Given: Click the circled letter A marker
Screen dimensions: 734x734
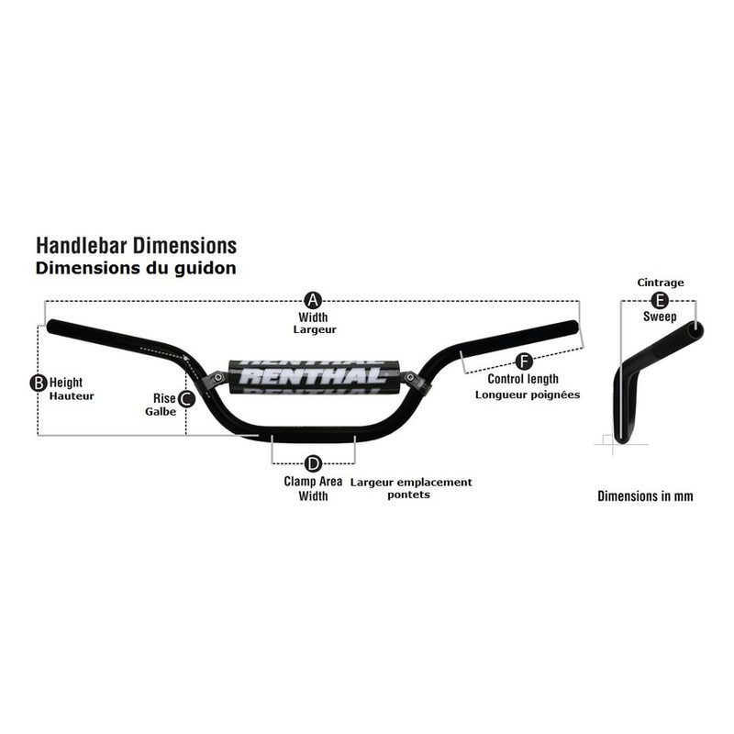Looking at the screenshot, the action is click(x=313, y=301).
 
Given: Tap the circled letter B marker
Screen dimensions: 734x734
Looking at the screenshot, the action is click(x=39, y=383).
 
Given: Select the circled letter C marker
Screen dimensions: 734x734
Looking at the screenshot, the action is click(x=186, y=399).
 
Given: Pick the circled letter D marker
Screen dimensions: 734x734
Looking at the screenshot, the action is click(x=313, y=464).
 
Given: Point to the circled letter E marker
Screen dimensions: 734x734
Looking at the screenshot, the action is click(x=660, y=301).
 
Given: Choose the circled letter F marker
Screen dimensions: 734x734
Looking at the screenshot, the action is click(x=524, y=361).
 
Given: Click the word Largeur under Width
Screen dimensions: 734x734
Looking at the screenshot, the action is click(x=315, y=330).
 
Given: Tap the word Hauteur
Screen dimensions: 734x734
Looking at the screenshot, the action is click(x=72, y=396).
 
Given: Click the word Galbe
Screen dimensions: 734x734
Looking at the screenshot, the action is click(x=161, y=412).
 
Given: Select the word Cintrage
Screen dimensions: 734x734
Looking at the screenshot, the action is click(x=661, y=283).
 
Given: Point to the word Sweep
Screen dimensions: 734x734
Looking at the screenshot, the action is click(x=660, y=317).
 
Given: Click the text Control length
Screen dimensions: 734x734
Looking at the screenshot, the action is click(x=523, y=379).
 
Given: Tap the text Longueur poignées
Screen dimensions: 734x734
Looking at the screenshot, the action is click(x=528, y=395).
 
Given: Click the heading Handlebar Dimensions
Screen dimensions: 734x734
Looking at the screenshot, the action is click(x=136, y=246).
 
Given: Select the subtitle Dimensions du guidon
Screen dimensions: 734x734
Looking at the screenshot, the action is click(x=136, y=268).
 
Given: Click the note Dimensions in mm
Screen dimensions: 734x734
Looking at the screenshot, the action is click(x=645, y=496).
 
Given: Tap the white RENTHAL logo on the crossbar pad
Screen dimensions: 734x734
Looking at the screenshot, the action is click(x=313, y=376).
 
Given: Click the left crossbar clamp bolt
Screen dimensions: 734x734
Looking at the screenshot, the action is click(x=219, y=377).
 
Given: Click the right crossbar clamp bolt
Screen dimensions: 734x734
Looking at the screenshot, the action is click(x=410, y=377).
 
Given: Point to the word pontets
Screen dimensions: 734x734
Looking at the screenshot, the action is click(x=408, y=495).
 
